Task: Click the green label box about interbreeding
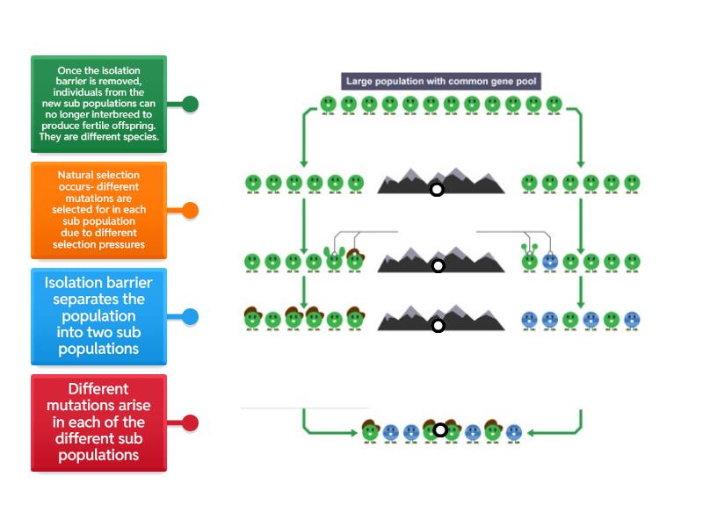tap(98, 104)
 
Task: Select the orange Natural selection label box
tap(98, 210)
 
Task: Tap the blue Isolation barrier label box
tap(98, 316)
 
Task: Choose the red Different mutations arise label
tap(98, 422)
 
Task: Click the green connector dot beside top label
tap(190, 105)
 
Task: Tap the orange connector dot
tap(190, 211)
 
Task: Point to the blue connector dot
tap(190, 317)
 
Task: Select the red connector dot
tap(190, 423)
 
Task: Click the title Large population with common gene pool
tap(441, 82)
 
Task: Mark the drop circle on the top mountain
tap(437, 190)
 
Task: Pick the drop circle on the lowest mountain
tap(438, 326)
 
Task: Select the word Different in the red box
tap(98, 389)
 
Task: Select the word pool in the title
tap(527, 82)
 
